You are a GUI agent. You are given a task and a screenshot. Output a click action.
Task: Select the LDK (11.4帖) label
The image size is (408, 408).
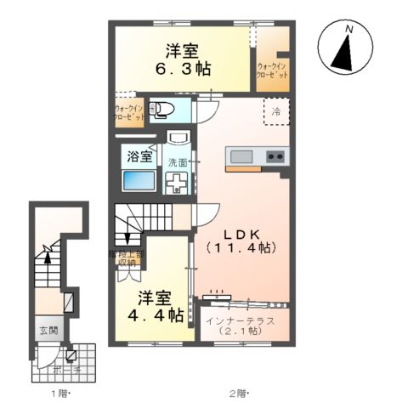[x=239, y=240]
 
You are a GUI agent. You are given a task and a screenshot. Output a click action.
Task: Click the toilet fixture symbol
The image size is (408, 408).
[x=161, y=109]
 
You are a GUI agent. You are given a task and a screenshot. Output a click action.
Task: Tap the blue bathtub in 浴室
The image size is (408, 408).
[x=137, y=182]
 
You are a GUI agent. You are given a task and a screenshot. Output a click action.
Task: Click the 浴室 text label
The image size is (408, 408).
[x=139, y=156]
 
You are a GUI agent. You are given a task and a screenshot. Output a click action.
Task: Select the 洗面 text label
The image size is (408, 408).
[x=178, y=161]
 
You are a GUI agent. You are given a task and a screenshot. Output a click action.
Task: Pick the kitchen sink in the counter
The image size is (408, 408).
[x=241, y=157]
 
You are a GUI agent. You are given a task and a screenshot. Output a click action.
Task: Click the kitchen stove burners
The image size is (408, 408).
[x=275, y=157]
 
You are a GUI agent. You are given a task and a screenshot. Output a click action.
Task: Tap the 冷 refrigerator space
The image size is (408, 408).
[x=275, y=111]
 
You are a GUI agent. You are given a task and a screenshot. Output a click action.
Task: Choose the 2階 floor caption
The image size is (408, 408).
[x=238, y=394]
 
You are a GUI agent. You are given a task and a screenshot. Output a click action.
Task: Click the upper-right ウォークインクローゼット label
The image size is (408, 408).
[x=272, y=71]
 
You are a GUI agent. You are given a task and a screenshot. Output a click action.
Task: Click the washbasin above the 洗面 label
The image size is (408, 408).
[x=178, y=139]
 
